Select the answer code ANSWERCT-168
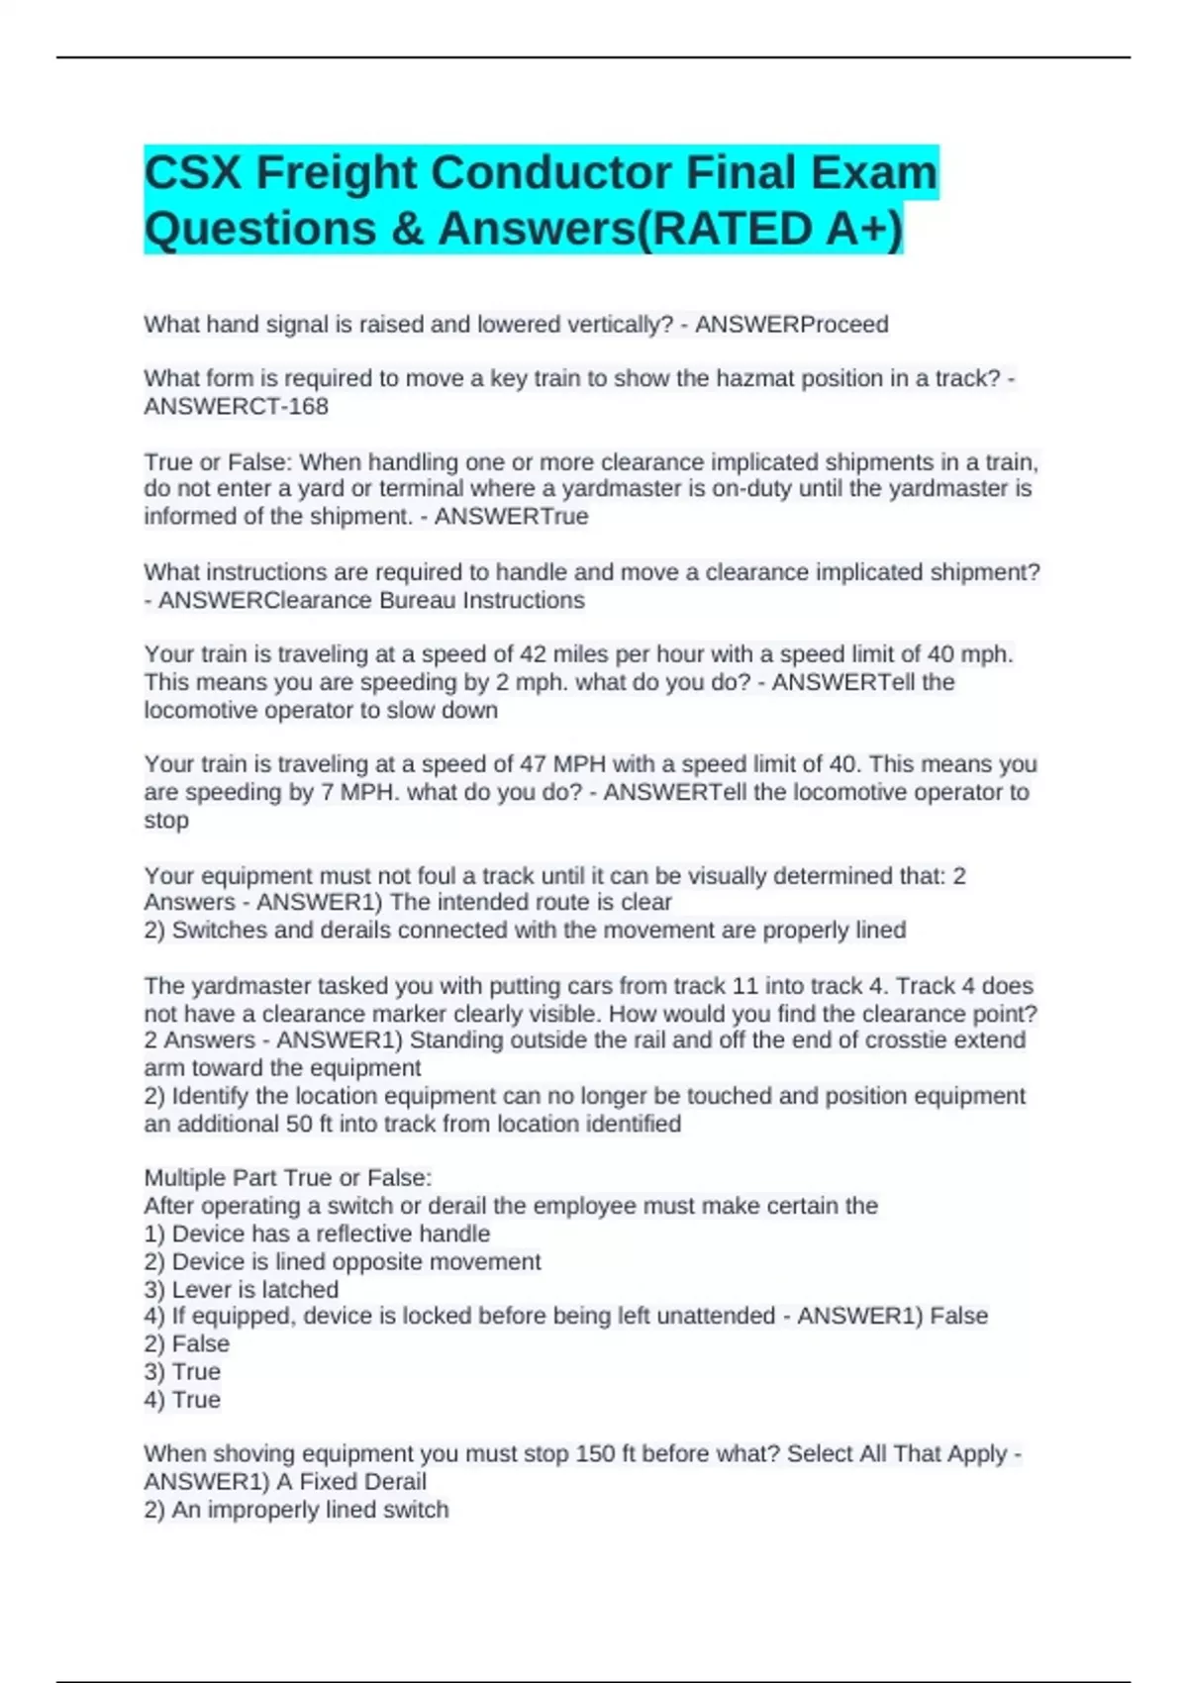click(236, 407)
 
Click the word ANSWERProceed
click(791, 325)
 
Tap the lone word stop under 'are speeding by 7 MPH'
click(165, 821)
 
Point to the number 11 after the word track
click(743, 986)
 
